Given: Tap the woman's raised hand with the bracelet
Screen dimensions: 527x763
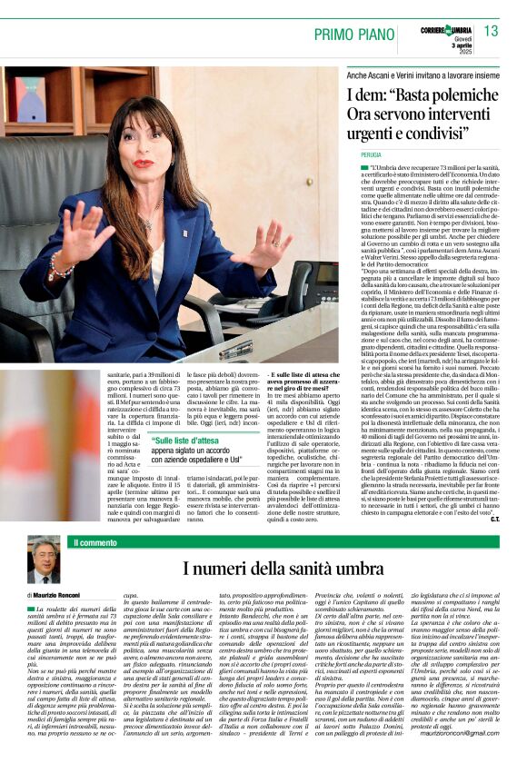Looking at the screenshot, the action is coord(75,239).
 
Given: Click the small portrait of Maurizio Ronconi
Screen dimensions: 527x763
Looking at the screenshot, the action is coord(43,560).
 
